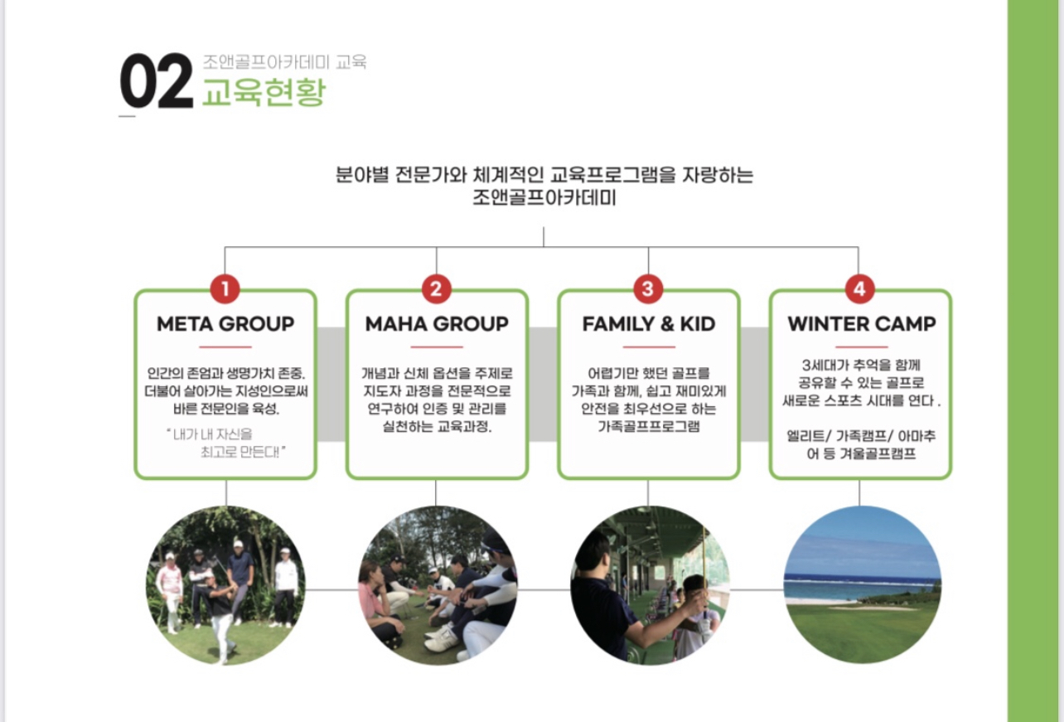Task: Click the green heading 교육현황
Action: pos(264,92)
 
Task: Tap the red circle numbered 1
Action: pos(225,288)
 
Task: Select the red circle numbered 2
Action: pos(437,288)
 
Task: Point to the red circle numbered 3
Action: pos(648,288)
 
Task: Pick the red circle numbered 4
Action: pos(860,288)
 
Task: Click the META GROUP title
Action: pos(225,324)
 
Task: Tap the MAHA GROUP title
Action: pos(437,324)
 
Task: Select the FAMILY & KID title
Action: pos(649,324)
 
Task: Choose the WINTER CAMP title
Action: pos(862,324)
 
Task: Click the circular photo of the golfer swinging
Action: pos(225,585)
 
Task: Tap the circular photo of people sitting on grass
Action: pos(438,585)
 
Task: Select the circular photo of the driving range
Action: pos(650,585)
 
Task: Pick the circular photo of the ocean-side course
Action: pos(862,585)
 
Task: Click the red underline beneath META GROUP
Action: pos(225,347)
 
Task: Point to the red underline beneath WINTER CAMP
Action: pos(862,347)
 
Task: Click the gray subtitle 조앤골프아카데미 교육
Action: pos(284,62)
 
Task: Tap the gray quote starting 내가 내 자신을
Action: pos(225,443)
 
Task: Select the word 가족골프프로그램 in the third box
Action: pos(649,426)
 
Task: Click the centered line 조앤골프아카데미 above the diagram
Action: pos(544,197)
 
